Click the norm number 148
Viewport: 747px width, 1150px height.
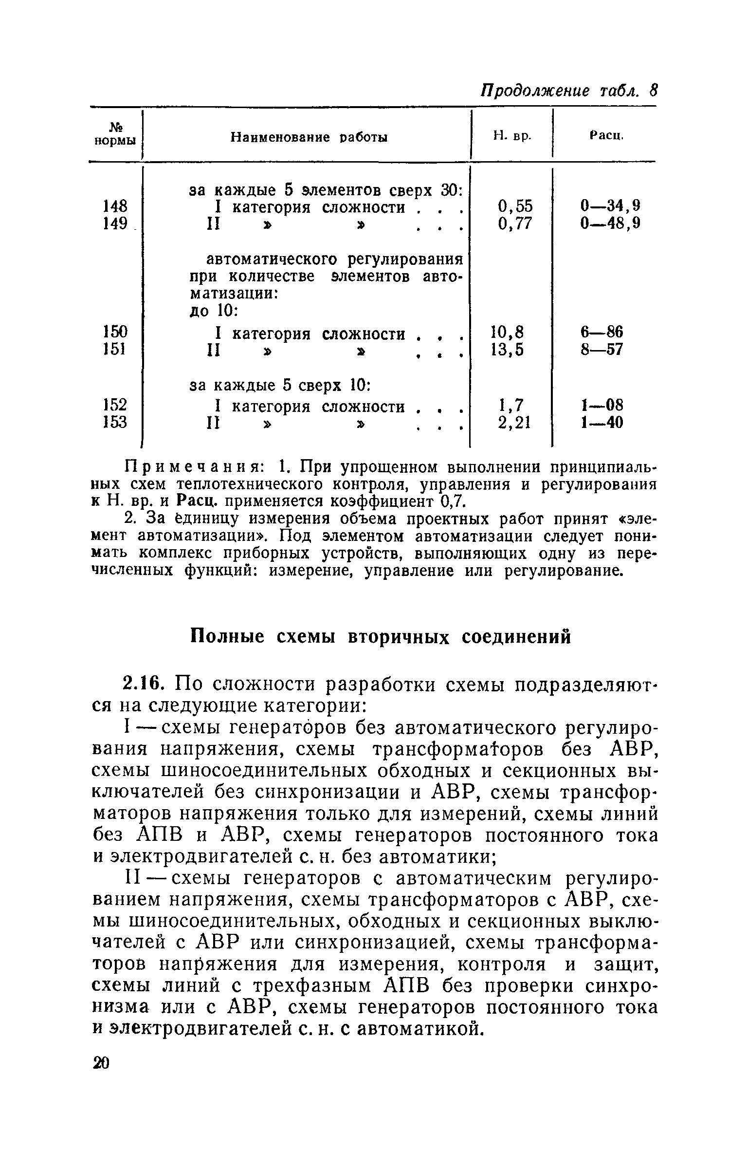point(115,206)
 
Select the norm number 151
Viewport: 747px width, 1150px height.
point(115,349)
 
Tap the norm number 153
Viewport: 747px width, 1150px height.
point(115,422)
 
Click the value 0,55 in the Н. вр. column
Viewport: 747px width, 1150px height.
point(515,206)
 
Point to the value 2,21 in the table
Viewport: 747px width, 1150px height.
point(514,422)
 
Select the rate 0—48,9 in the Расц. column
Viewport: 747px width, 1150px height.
point(610,223)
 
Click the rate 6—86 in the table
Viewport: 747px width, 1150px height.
point(601,333)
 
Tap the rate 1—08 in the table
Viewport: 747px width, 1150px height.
point(601,405)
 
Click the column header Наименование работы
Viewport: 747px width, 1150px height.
point(309,138)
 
